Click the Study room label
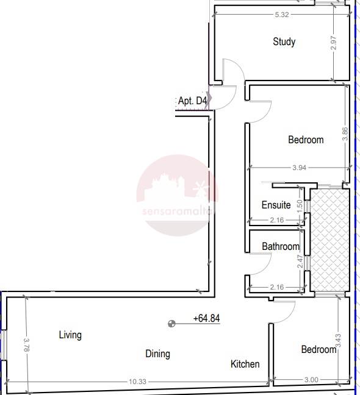[x=284, y=42]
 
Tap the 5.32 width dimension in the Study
[x=282, y=15]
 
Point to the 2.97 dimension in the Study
[x=333, y=43]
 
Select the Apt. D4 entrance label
[x=193, y=101]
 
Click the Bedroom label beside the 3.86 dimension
[x=306, y=140]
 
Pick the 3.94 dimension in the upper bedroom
[x=299, y=168]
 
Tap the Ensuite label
[x=276, y=205]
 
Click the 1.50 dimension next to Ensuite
[x=300, y=206]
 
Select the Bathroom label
[x=281, y=246]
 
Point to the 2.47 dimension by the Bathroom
[x=300, y=262]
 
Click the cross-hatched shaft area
[x=329, y=240]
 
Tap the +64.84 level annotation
[x=206, y=318]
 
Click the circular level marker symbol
[x=171, y=324]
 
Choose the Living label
[x=70, y=335]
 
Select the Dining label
[x=157, y=354]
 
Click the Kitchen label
[x=245, y=364]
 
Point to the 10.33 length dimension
[x=138, y=382]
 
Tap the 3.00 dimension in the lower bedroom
[x=311, y=380]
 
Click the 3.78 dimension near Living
[x=26, y=344]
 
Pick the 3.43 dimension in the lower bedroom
[x=338, y=340]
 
